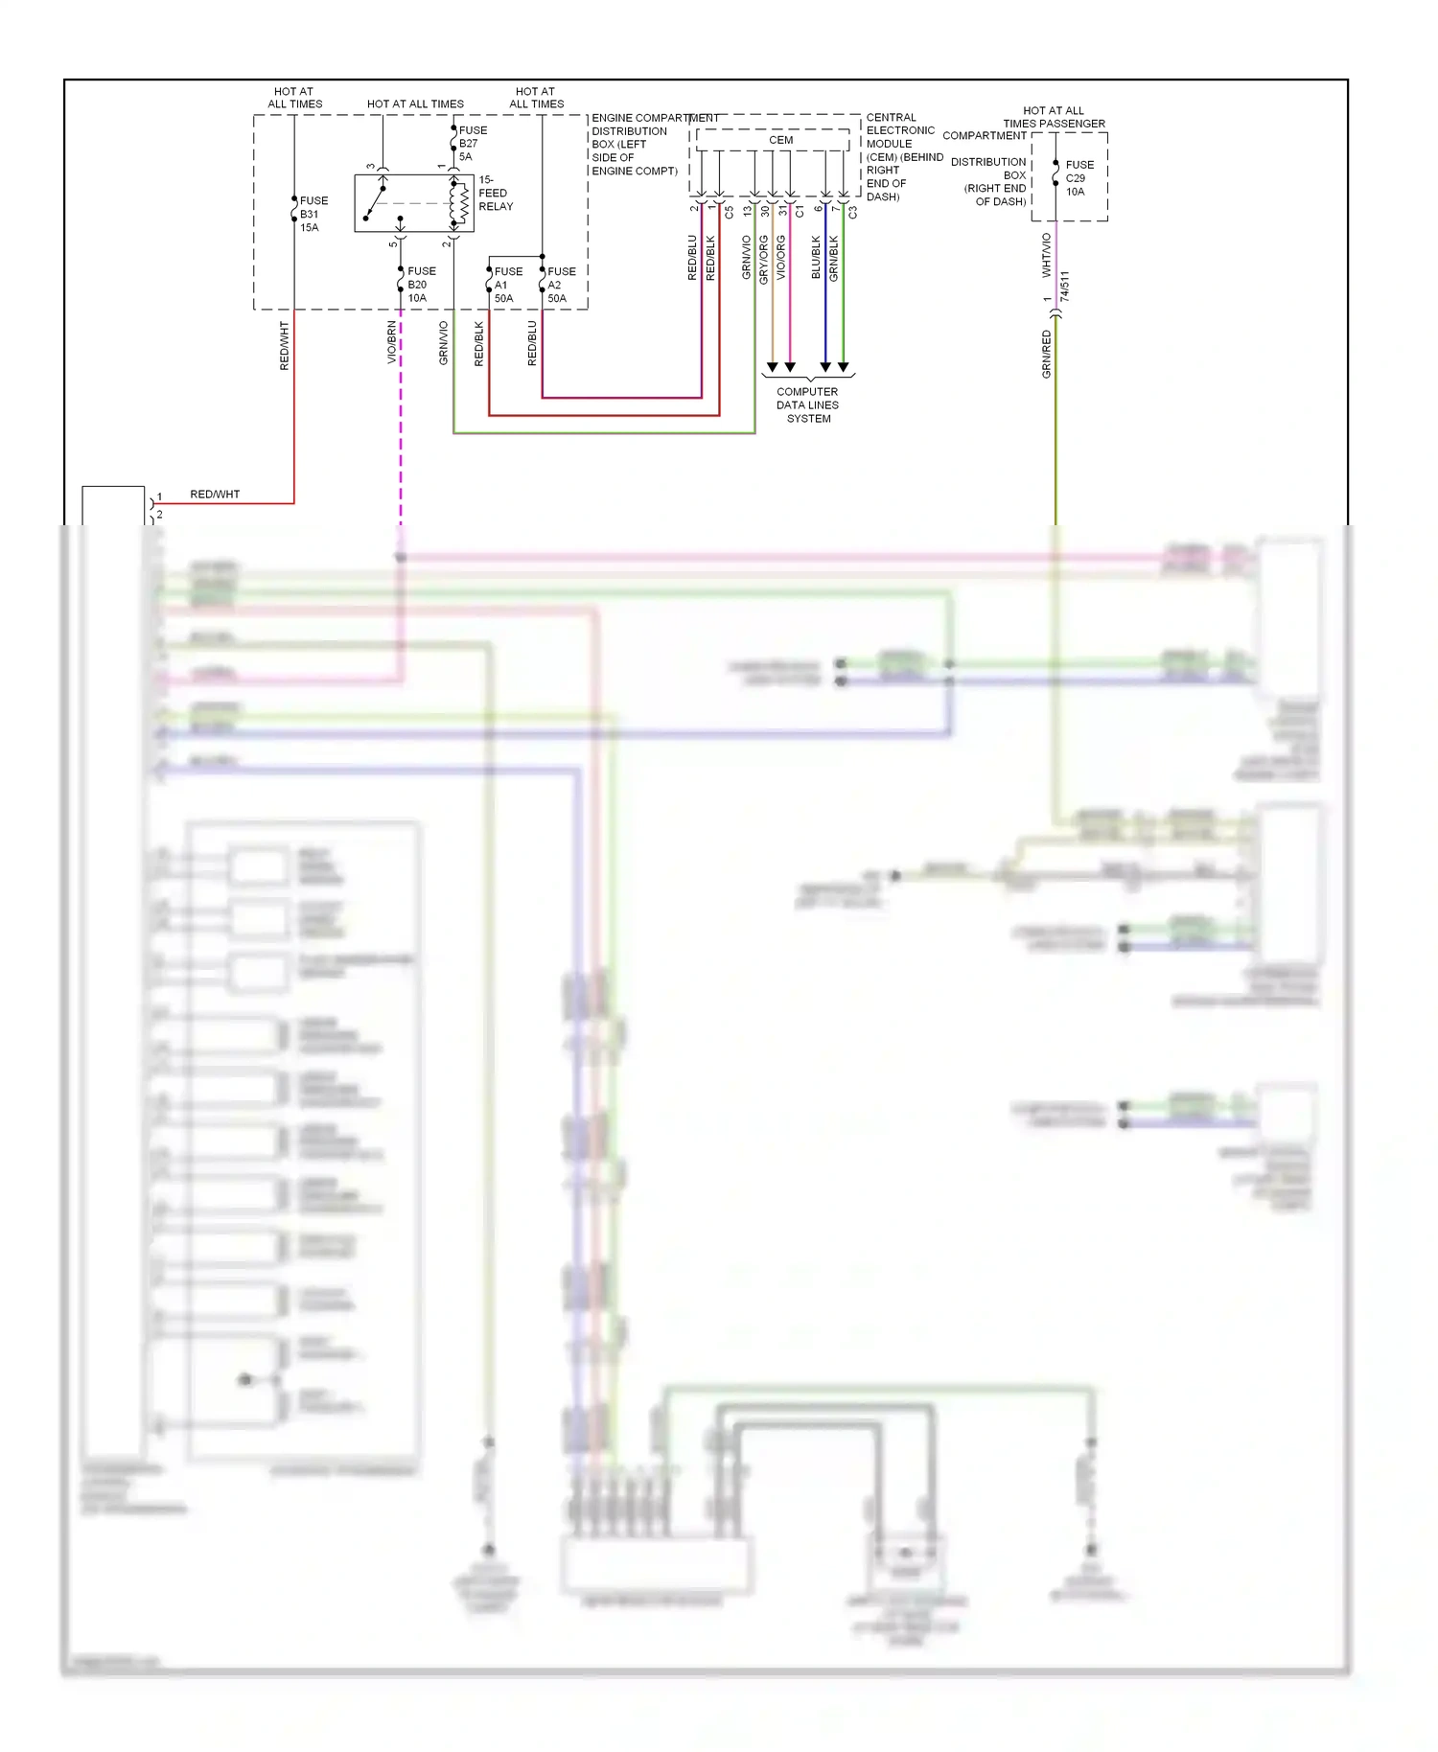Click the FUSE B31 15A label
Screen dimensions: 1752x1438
coord(313,214)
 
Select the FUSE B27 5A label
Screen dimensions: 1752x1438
coord(472,143)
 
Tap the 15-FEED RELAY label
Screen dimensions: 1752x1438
coord(496,193)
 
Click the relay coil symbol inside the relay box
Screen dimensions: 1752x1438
coord(458,202)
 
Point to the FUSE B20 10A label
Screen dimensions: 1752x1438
coord(421,284)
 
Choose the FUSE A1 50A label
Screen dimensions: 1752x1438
coord(507,285)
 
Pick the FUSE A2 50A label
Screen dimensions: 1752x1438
coord(561,285)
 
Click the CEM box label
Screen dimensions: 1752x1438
coord(780,140)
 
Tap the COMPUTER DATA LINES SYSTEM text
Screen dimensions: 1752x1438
coord(807,404)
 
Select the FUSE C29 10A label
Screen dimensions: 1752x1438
coord(1078,178)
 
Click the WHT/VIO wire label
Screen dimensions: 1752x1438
coord(1046,255)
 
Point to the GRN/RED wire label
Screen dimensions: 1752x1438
coord(1046,354)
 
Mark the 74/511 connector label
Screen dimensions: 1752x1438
coord(1066,286)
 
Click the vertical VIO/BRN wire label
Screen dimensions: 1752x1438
coord(391,342)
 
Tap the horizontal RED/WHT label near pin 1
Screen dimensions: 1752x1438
coord(215,495)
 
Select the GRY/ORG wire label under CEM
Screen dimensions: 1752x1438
coord(764,259)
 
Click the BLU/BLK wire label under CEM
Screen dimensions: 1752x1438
coord(816,257)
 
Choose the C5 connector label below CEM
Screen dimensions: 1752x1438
coord(729,212)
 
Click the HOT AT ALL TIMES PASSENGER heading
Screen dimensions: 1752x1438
coord(1054,117)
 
